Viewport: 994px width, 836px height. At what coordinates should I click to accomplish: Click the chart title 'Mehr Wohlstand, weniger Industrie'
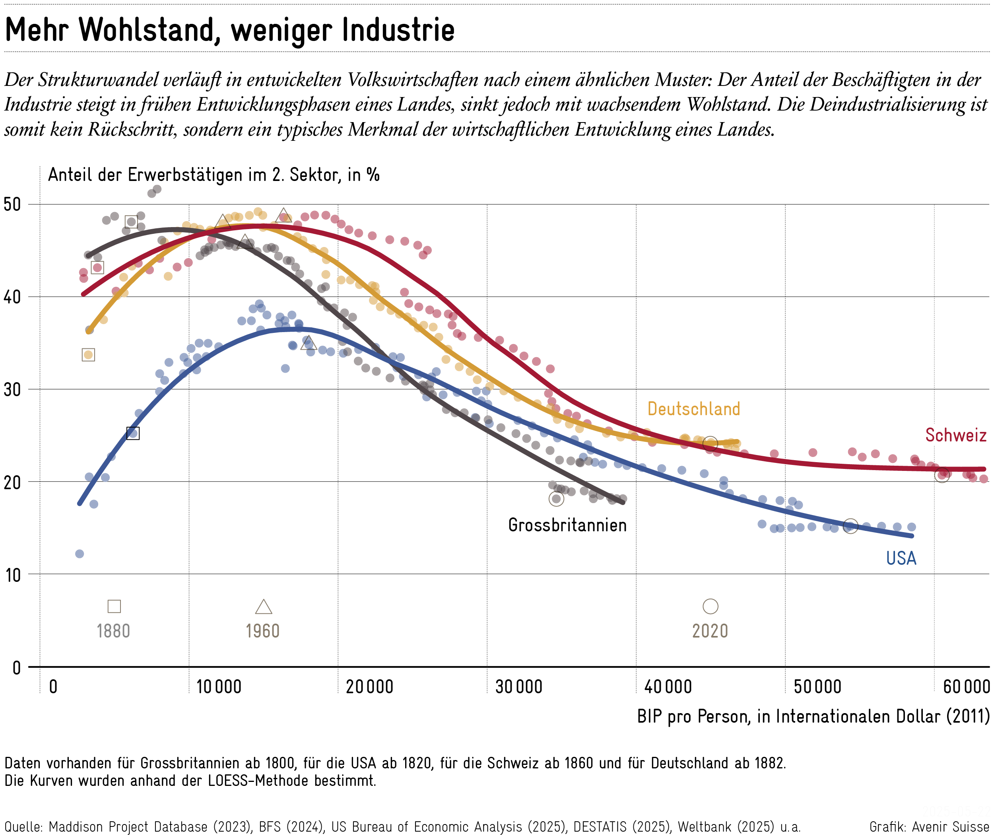pyautogui.click(x=230, y=29)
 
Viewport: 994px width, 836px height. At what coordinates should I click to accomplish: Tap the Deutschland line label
pyautogui.click(x=694, y=408)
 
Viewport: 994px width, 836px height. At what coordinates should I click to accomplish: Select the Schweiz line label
pyautogui.click(x=955, y=435)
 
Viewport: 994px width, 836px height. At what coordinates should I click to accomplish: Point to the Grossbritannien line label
pyautogui.click(x=567, y=525)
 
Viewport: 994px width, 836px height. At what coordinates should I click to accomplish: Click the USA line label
pyautogui.click(x=901, y=558)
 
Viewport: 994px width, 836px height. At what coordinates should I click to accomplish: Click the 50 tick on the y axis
pyautogui.click(x=12, y=204)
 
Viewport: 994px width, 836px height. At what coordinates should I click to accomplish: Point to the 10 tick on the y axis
pyautogui.click(x=13, y=575)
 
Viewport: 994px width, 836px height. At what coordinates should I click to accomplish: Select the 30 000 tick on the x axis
pyautogui.click(x=518, y=686)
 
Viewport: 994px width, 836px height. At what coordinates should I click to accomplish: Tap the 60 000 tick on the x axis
pyautogui.click(x=967, y=686)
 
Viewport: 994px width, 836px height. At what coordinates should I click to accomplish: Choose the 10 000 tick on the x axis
pyautogui.click(x=219, y=686)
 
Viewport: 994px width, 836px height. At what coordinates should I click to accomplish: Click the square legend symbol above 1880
pyautogui.click(x=114, y=606)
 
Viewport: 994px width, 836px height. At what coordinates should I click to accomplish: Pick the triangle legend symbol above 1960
pyautogui.click(x=264, y=606)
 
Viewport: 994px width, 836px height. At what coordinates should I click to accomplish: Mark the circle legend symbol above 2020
pyautogui.click(x=710, y=606)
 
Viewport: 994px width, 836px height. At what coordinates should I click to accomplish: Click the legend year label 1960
pyautogui.click(x=262, y=631)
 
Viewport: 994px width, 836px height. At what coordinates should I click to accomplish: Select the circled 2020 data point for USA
pyautogui.click(x=850, y=526)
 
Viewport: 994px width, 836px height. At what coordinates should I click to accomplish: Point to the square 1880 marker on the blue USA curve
pyautogui.click(x=133, y=433)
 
